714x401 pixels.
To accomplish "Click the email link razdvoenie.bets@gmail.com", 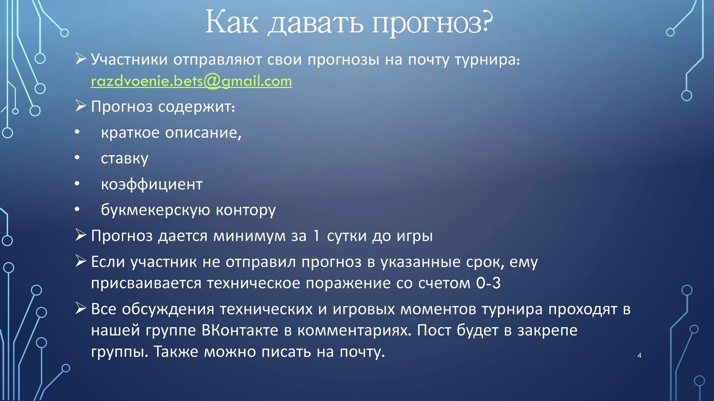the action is click(191, 82).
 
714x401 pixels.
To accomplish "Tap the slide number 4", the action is click(639, 355).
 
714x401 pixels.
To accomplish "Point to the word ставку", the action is click(125, 159).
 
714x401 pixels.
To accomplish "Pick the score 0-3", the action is click(489, 283).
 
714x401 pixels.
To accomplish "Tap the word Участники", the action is click(130, 60).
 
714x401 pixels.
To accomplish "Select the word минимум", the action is click(249, 236).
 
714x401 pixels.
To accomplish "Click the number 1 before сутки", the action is click(316, 236).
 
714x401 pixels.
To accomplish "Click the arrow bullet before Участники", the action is click(81, 59).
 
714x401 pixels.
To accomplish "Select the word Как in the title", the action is click(232, 21).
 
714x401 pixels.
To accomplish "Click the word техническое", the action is click(254, 283).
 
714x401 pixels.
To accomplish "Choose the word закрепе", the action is click(547, 331).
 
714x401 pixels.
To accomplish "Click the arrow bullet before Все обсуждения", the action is click(81, 308).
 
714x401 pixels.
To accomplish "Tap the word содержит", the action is click(197, 107).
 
